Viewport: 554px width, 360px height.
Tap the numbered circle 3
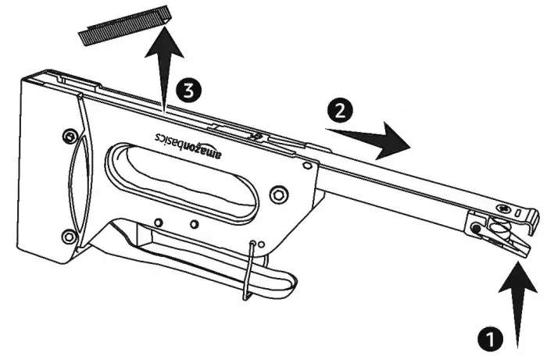(x=189, y=91)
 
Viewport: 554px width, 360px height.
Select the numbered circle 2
(x=340, y=111)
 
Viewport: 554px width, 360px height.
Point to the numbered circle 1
(x=490, y=340)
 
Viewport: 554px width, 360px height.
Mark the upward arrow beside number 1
(x=518, y=304)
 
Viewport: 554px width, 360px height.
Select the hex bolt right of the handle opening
(x=279, y=194)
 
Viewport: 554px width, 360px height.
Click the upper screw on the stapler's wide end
(x=70, y=136)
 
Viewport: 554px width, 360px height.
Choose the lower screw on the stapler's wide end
(x=69, y=236)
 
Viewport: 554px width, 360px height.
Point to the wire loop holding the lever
(x=249, y=270)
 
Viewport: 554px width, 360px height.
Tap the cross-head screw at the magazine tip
(x=504, y=209)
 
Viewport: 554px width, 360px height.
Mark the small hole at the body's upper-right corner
(x=308, y=166)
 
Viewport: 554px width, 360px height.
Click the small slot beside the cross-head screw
(x=518, y=213)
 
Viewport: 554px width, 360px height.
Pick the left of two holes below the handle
(x=159, y=223)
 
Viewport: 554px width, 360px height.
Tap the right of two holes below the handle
(x=195, y=224)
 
